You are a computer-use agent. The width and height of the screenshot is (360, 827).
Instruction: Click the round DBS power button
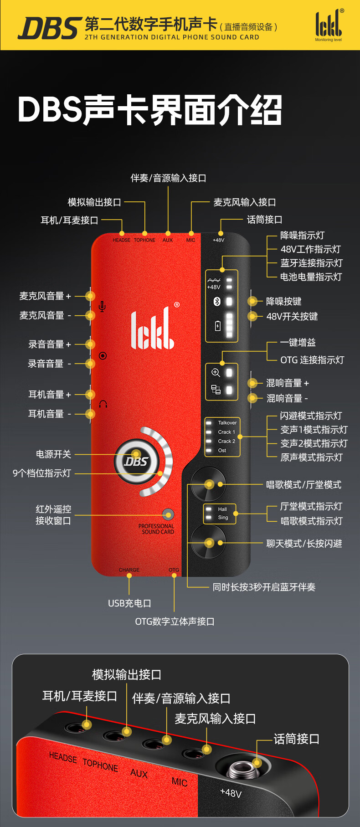(136, 461)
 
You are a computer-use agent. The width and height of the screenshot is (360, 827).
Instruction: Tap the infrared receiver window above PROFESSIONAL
(168, 514)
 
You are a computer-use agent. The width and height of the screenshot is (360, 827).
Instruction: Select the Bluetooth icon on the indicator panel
(217, 301)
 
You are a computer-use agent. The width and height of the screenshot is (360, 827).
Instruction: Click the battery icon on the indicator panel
(217, 325)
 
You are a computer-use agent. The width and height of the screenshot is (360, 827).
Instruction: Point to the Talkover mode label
(227, 423)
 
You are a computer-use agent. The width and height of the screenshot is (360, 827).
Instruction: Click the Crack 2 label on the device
(226, 441)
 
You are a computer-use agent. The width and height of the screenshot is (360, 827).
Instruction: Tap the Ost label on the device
(222, 450)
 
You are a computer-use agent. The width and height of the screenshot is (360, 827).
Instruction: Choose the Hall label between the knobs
(222, 509)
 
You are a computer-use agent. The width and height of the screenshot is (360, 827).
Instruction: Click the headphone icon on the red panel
(103, 404)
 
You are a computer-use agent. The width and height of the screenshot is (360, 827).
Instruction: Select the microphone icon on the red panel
(102, 306)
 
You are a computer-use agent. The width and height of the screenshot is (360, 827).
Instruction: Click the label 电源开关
(53, 454)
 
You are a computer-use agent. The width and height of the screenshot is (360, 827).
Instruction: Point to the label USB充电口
(129, 603)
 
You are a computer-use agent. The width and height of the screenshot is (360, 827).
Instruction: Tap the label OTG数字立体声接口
(175, 622)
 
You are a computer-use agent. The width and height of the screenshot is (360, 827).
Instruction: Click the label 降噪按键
(283, 301)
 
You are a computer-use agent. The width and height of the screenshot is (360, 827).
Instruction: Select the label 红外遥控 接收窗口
(53, 515)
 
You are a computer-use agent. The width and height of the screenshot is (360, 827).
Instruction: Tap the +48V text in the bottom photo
(231, 793)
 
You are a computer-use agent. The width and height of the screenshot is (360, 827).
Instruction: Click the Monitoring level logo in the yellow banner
(329, 26)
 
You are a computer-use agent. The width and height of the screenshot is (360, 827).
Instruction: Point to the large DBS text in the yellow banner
(50, 28)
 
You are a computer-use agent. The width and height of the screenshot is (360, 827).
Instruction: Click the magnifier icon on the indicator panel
(216, 373)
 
